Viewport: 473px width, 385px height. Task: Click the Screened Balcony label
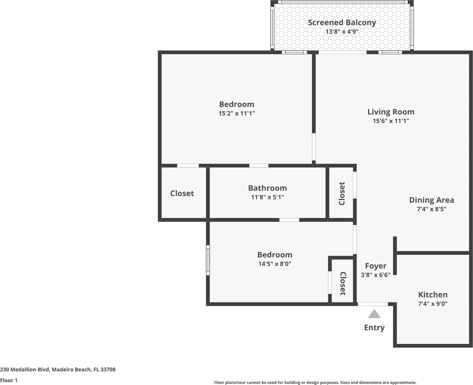342,23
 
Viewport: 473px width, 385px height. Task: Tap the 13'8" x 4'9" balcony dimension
342,31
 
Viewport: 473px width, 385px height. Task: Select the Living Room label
391,112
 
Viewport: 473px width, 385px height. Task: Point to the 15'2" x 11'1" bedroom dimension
237,113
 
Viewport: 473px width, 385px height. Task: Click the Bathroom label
268,188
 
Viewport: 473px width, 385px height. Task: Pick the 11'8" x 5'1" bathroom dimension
268,197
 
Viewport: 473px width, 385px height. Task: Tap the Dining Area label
432,200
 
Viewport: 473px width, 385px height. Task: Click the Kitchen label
433,295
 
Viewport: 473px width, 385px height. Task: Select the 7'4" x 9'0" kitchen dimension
433,304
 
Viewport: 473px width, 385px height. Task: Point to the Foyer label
376,266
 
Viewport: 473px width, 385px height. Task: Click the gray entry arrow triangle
374,314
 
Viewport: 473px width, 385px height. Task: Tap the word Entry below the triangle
374,328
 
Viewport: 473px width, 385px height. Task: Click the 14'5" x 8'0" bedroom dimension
275,264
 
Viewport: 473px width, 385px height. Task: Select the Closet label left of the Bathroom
182,193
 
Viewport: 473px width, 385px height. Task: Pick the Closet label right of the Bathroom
342,193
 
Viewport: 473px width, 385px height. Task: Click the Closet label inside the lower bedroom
343,283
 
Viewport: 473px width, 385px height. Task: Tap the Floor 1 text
9,381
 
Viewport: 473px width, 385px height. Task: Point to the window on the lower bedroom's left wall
208,260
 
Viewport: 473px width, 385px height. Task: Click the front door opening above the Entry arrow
373,304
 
